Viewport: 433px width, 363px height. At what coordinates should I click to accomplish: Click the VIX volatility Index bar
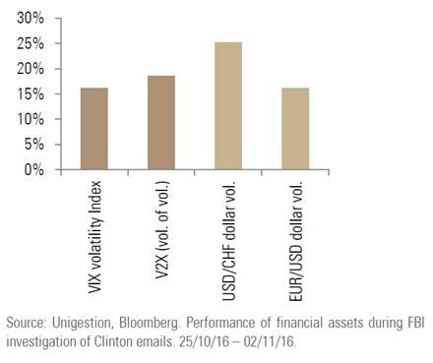[x=94, y=129]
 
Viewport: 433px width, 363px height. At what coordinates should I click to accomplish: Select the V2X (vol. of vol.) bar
[x=161, y=123]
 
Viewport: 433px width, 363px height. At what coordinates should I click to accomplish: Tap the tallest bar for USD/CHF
[x=228, y=105]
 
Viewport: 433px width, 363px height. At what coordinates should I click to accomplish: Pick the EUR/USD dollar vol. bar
[x=295, y=129]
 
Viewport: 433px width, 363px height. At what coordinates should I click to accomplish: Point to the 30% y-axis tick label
[x=31, y=18]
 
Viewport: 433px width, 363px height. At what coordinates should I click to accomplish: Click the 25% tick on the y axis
[x=31, y=43]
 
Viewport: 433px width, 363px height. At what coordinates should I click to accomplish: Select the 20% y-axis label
[x=31, y=69]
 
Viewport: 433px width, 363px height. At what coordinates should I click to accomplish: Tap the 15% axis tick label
[x=31, y=94]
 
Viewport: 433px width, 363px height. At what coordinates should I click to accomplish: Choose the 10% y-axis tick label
[x=31, y=119]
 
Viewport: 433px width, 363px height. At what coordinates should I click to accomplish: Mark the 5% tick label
[x=34, y=145]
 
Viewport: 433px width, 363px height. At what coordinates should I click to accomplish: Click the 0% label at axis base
[x=34, y=169]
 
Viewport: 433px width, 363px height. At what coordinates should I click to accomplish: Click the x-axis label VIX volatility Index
[x=94, y=237]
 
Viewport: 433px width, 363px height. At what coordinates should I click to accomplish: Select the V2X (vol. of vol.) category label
[x=161, y=230]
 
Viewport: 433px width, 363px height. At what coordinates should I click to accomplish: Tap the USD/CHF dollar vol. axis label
[x=229, y=240]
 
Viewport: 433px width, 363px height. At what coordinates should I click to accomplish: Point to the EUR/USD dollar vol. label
[x=295, y=241]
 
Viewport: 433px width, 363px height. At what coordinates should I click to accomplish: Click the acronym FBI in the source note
[x=416, y=323]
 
